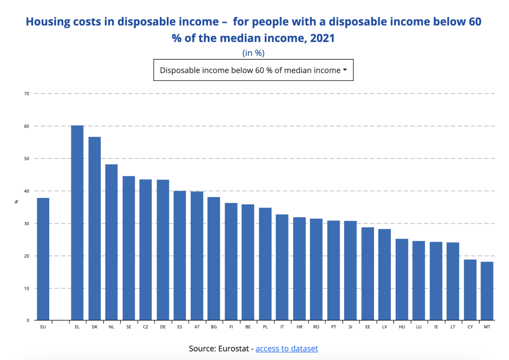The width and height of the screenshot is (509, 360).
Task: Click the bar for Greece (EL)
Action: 77,223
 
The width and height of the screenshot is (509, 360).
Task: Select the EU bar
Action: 43,259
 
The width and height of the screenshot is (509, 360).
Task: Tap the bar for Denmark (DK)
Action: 95,229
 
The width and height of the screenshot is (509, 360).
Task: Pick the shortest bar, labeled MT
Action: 487,291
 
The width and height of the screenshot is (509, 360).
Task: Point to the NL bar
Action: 111,242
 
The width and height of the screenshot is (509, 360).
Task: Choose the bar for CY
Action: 470,290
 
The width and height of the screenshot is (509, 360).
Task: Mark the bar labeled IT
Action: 282,267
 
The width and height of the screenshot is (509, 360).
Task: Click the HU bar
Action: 402,279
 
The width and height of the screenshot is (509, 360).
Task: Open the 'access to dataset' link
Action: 287,349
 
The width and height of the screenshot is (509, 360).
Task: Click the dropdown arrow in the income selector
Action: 345,70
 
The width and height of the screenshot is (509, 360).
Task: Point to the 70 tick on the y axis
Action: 27,94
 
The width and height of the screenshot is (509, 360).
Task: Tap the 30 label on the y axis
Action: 27,223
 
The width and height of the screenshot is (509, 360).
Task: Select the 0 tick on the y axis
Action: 28,320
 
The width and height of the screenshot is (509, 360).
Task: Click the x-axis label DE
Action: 163,327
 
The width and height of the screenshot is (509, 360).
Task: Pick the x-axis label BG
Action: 214,327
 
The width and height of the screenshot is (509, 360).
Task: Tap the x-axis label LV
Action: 384,327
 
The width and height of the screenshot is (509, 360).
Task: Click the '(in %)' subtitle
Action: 253,53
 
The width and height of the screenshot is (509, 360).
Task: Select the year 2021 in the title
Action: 322,38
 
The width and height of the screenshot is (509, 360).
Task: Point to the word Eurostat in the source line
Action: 234,349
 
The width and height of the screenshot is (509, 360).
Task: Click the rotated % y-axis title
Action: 16,202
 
